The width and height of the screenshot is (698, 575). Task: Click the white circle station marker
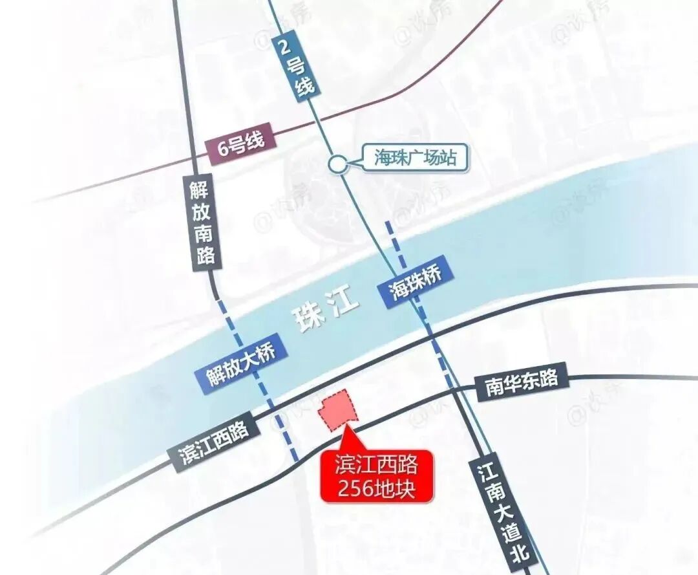pyautogui.click(x=337, y=164)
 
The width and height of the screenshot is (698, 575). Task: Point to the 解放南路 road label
pyautogui.click(x=202, y=222)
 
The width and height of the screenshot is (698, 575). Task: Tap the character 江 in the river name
pyautogui.click(x=343, y=303)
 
